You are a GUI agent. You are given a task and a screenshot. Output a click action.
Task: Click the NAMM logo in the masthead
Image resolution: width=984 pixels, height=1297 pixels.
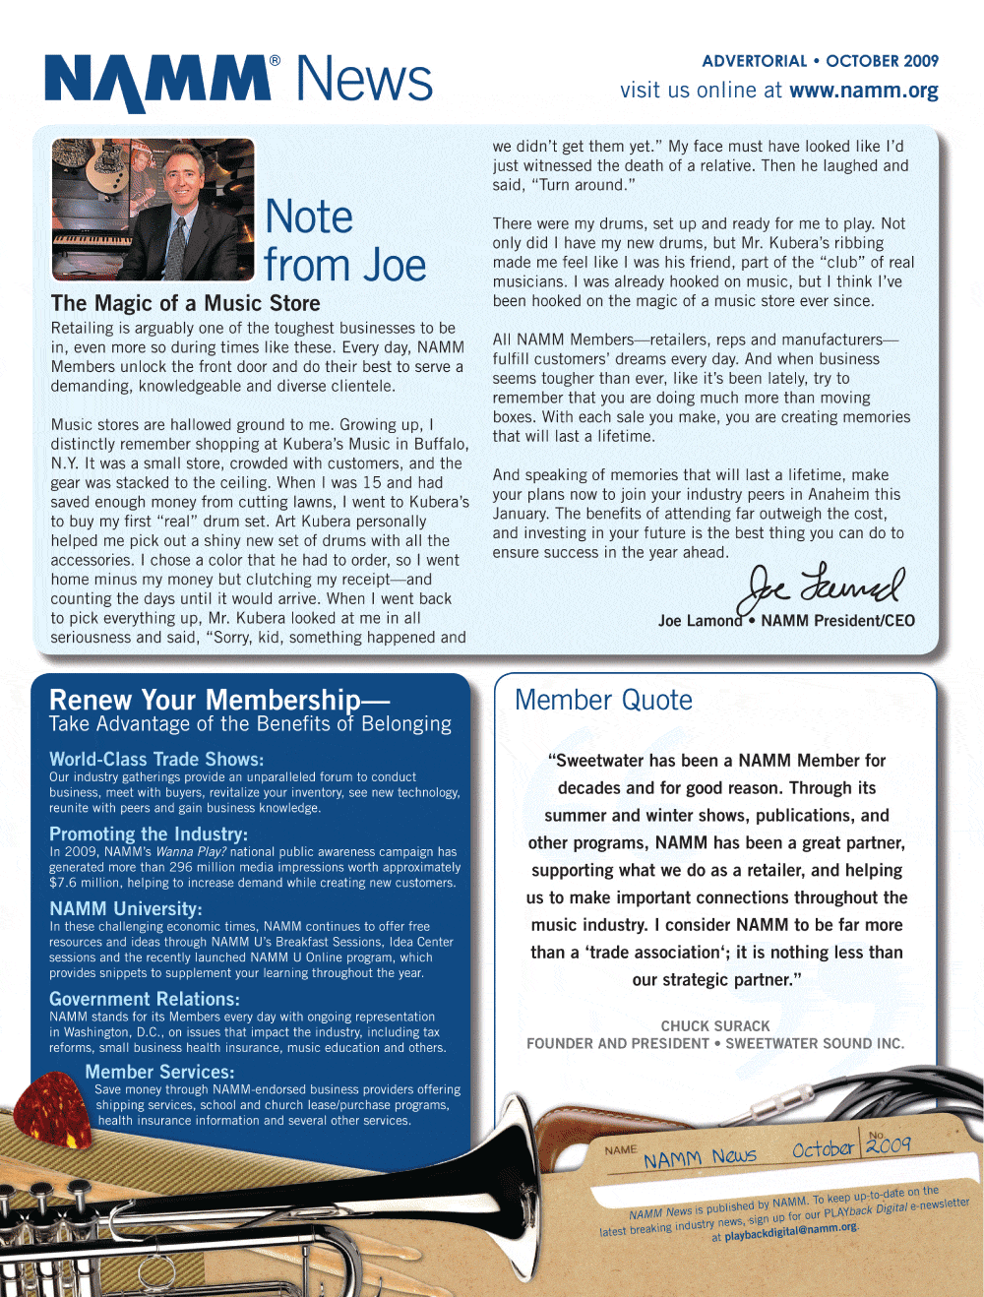pyautogui.click(x=157, y=81)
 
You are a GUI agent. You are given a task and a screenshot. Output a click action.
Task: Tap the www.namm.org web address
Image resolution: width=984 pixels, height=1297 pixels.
pyautogui.click(x=863, y=91)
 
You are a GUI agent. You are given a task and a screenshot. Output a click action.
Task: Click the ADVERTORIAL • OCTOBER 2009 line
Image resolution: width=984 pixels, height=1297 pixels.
pyautogui.click(x=820, y=61)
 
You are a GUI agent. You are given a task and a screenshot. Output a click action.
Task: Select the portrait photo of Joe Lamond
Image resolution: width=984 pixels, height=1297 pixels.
pyautogui.click(x=153, y=209)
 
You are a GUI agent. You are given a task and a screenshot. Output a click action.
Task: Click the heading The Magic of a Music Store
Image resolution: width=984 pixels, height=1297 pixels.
pyautogui.click(x=185, y=303)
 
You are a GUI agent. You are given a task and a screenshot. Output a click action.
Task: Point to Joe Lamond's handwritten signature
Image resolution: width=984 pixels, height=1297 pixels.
pyautogui.click(x=825, y=589)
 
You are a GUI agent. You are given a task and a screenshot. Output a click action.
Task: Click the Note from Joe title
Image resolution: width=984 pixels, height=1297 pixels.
pyautogui.click(x=344, y=241)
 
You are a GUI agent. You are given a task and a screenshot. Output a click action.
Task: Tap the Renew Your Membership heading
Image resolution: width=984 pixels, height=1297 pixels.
pyautogui.click(x=218, y=700)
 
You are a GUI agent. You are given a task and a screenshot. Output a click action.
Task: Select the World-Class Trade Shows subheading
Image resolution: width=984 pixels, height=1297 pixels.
pyautogui.click(x=156, y=759)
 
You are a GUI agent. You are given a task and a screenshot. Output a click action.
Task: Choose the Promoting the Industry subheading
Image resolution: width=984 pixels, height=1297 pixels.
pyautogui.click(x=149, y=834)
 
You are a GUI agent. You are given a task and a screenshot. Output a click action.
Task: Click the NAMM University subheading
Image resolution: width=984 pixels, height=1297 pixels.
pyautogui.click(x=126, y=908)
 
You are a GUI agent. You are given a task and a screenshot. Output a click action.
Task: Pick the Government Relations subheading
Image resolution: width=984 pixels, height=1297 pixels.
pyautogui.click(x=145, y=999)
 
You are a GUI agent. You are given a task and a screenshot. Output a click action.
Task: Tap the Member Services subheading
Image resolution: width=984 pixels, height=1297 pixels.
pyautogui.click(x=159, y=1072)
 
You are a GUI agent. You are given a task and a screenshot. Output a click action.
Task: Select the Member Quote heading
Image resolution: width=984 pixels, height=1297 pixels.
pyautogui.click(x=603, y=700)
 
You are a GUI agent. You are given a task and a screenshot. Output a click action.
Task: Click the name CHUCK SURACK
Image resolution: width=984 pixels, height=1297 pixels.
pyautogui.click(x=715, y=1025)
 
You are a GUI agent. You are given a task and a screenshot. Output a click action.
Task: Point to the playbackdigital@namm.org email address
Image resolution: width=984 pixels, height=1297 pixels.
pyautogui.click(x=791, y=1231)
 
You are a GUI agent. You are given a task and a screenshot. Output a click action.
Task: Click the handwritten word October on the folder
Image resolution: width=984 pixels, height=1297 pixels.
pyautogui.click(x=823, y=1148)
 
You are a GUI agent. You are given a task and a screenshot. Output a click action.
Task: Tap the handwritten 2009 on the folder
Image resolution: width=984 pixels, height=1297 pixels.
pyautogui.click(x=889, y=1144)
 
